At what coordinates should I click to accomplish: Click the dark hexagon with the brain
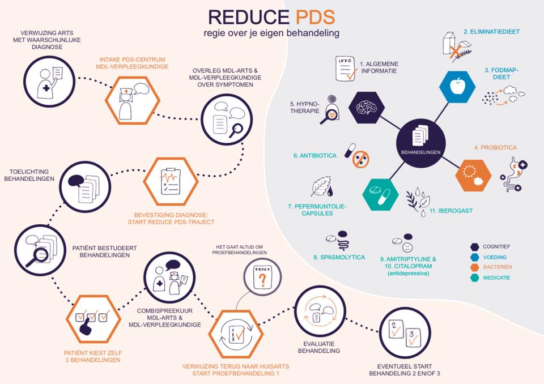tap(367, 106)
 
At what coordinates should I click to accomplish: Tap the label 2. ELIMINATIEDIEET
tap(491, 32)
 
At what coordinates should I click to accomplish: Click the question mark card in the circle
tap(261, 277)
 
